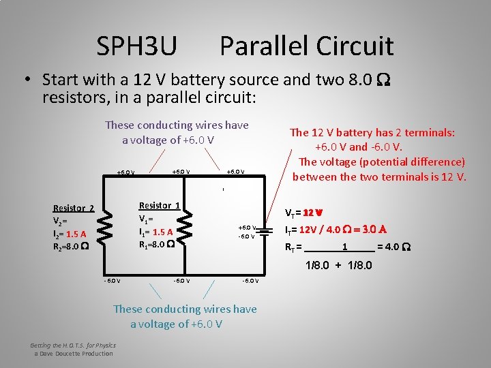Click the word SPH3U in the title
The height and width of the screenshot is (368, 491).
(x=136, y=46)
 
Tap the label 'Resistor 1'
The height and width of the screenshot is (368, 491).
(x=159, y=205)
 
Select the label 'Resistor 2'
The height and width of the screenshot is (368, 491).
(x=74, y=209)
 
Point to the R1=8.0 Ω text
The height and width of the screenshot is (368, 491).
(x=157, y=245)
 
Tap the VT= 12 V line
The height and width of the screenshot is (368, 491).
(x=303, y=212)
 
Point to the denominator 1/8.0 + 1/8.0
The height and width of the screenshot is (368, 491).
(x=338, y=264)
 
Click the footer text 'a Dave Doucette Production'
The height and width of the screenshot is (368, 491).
(x=74, y=353)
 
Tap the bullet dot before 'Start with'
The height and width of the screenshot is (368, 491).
(x=29, y=78)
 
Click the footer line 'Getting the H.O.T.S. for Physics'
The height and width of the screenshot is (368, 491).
(x=73, y=346)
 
